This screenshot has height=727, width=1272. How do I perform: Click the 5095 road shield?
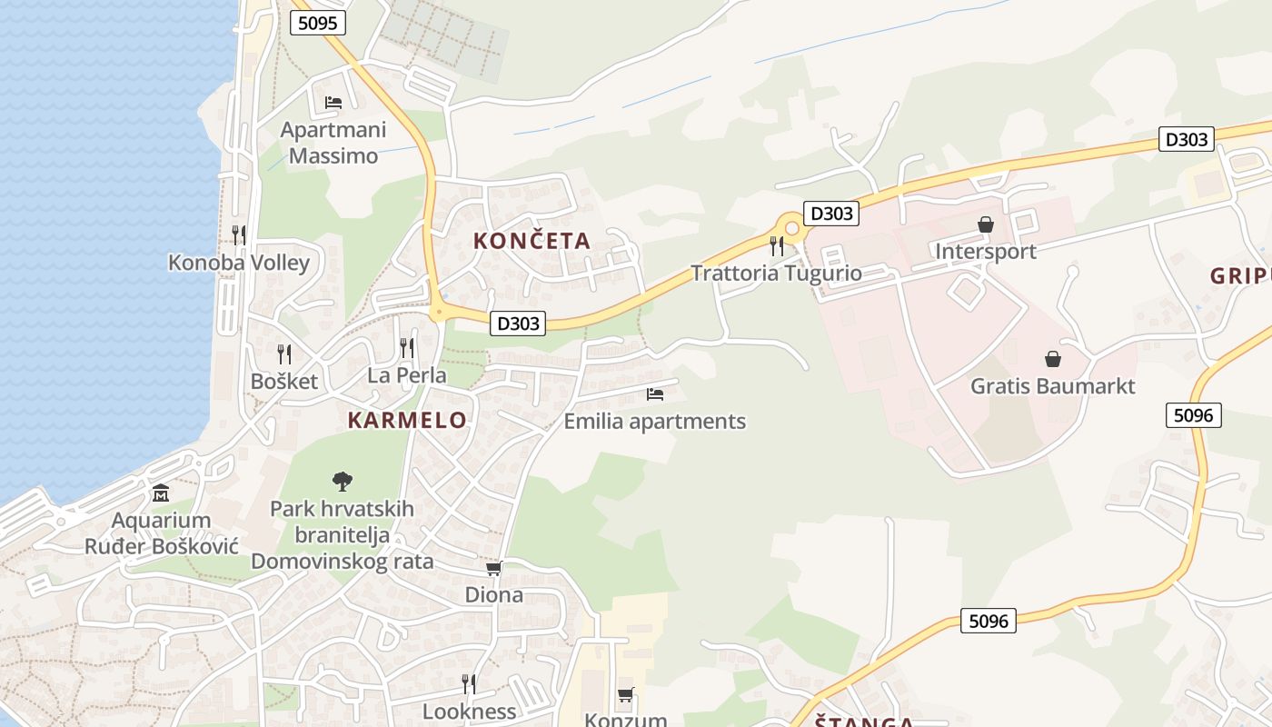click(x=318, y=23)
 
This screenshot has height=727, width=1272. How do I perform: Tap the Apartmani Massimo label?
click(x=333, y=143)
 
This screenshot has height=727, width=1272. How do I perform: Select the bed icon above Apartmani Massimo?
click(x=333, y=102)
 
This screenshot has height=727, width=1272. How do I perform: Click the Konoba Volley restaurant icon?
click(x=238, y=235)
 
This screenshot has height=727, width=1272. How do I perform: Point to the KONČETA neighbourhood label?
click(x=532, y=241)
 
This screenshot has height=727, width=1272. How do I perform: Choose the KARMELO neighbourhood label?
click(x=407, y=420)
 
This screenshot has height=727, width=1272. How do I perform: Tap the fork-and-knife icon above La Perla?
click(x=407, y=348)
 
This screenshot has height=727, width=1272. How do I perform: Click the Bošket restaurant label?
click(x=284, y=381)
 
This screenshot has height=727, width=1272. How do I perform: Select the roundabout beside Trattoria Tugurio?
click(x=791, y=228)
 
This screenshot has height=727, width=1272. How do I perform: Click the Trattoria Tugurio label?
click(x=776, y=273)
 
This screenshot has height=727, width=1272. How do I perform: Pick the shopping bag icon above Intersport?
click(x=986, y=224)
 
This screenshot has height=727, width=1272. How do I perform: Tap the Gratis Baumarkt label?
click(x=1052, y=386)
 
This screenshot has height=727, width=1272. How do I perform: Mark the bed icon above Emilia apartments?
click(x=655, y=394)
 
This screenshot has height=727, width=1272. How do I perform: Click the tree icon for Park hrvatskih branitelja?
click(x=343, y=482)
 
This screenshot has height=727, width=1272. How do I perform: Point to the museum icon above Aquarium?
click(x=161, y=493)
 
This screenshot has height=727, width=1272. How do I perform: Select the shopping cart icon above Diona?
click(x=493, y=568)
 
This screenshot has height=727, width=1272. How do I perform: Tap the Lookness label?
click(x=469, y=711)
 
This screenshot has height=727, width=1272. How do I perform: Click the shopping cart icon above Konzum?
click(x=625, y=695)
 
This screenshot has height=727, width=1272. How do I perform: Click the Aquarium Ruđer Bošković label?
click(x=161, y=533)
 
